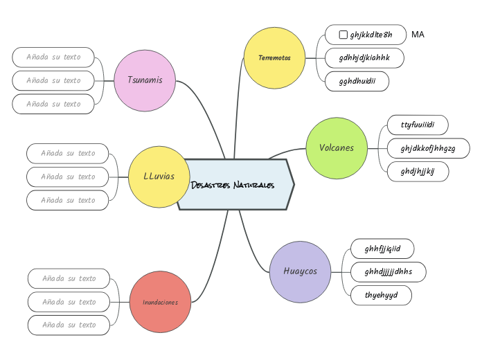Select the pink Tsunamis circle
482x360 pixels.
[x=145, y=80]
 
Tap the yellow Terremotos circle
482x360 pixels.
[x=275, y=58]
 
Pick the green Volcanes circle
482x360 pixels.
[x=337, y=148]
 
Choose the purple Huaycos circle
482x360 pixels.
[x=300, y=271]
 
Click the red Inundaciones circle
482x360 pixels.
[x=160, y=302]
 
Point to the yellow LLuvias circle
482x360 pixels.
[x=159, y=177]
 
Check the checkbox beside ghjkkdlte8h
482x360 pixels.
[x=343, y=35]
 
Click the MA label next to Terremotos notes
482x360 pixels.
[x=418, y=35]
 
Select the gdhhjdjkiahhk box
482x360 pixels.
[x=364, y=58]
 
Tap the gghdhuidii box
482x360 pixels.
[x=357, y=82]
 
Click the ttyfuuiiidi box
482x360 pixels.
[x=417, y=125]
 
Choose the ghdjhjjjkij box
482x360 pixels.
[x=417, y=172]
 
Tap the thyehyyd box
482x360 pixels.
[x=381, y=295]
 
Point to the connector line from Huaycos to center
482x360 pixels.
[x=252, y=246]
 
